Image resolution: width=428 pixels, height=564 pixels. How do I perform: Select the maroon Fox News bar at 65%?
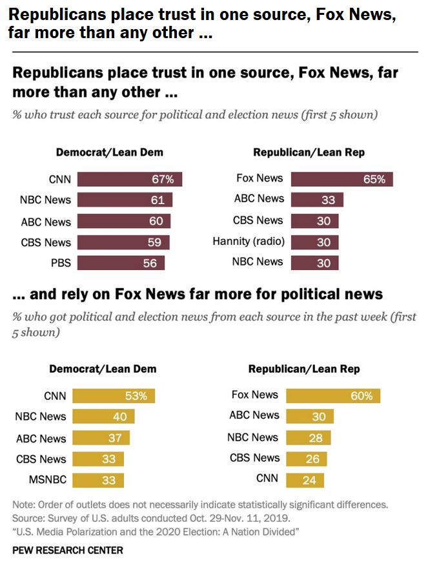pos(341,179)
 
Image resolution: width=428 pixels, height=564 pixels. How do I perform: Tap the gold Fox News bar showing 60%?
pos(333,395)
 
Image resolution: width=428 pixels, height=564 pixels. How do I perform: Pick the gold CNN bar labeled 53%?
pos(114,395)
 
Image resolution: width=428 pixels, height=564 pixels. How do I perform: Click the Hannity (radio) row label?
pos(248,242)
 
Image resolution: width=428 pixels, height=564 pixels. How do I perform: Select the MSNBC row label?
pos(46,480)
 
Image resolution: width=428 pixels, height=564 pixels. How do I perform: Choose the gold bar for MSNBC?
pos(98,480)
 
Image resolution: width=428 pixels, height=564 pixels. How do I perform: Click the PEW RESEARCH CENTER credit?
pos(67,550)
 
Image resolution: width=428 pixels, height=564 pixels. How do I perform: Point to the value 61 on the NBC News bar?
pos(158,200)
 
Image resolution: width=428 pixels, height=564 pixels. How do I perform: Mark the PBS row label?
pos(60,262)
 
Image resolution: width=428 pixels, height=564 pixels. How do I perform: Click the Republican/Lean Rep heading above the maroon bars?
pos(309,152)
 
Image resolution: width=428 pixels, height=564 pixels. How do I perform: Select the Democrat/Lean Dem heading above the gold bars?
pos(103,370)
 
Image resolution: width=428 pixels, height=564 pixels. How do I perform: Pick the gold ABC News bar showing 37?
pos(101,438)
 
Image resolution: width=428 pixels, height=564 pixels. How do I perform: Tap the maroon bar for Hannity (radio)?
pos(314,242)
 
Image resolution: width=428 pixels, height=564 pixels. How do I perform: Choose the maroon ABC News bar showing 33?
pos(317,200)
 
